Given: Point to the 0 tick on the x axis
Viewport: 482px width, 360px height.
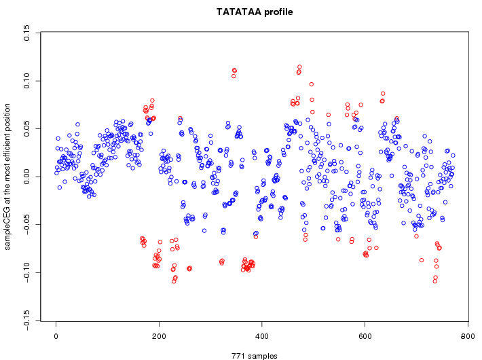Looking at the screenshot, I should coord(56,335).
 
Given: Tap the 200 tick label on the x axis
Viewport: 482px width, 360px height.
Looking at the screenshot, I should coord(159,335).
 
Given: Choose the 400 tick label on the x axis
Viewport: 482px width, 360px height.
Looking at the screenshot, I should coord(262,335).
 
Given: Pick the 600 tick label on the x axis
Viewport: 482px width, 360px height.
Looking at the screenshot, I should coord(365,335).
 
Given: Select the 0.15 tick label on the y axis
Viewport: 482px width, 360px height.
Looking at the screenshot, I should coord(26,33).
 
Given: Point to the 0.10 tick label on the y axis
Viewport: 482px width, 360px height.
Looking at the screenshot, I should coord(26,81).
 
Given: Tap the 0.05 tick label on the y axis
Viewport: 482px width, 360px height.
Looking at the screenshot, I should coord(26,129).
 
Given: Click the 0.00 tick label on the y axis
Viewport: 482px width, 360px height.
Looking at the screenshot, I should coord(26,177).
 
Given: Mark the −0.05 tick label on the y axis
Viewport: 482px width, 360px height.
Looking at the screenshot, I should coord(26,225).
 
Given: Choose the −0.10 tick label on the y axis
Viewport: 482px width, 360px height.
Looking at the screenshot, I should coord(26,273).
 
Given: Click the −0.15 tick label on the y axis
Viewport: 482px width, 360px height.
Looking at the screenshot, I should coord(26,321).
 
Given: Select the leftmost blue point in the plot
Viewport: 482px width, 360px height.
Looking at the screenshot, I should coord(56,173).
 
